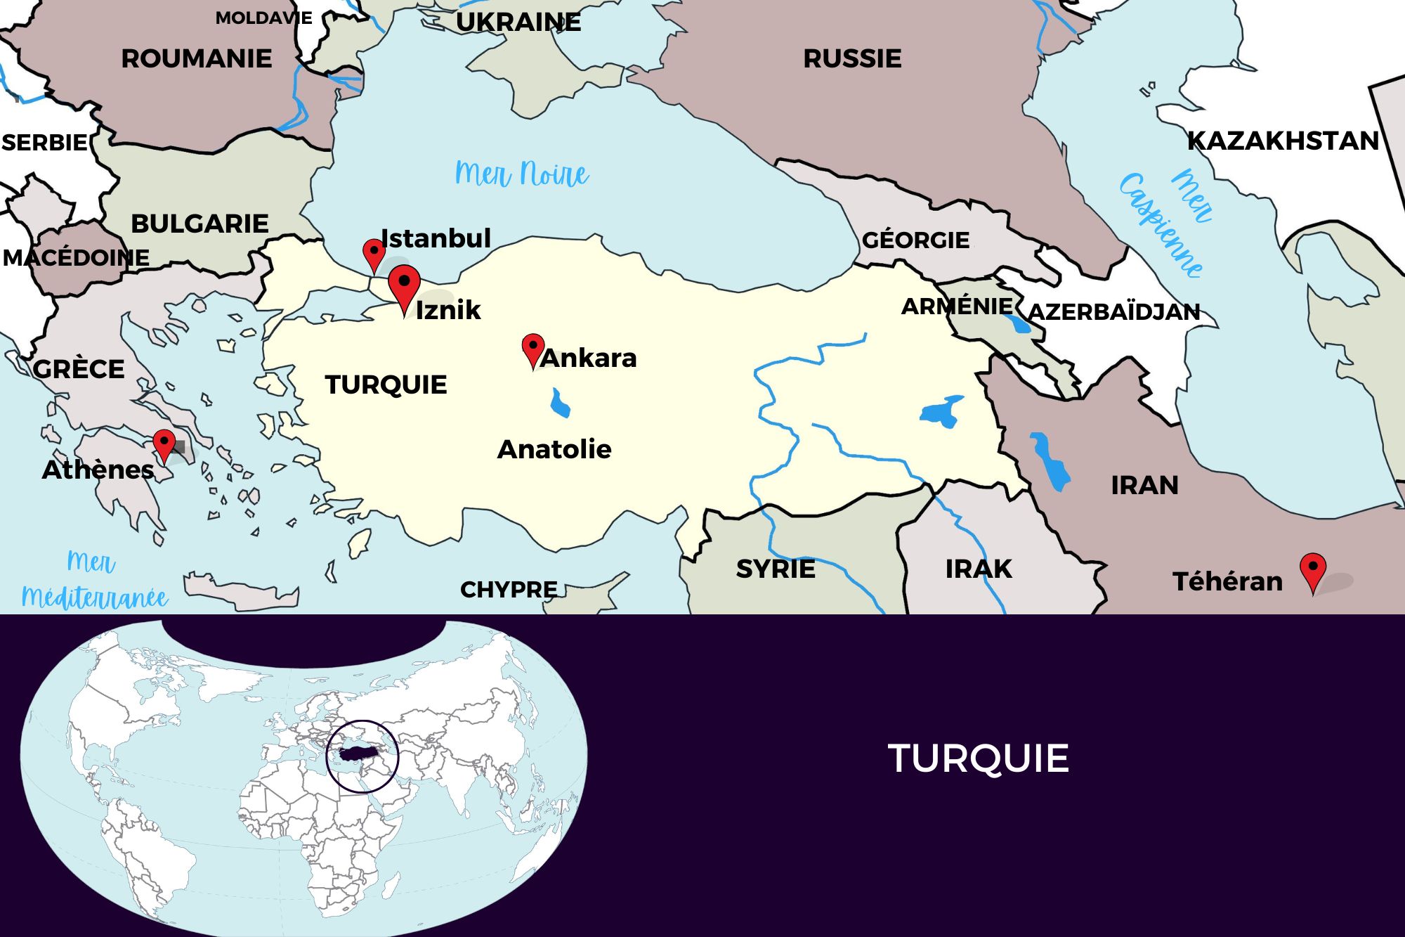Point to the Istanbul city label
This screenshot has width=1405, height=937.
[436, 239]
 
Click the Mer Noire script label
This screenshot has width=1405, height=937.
[521, 174]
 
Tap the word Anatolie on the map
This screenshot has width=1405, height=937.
[554, 449]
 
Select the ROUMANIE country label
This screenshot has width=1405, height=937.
[197, 58]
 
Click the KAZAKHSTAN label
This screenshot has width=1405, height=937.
[1283, 141]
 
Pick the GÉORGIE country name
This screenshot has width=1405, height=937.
[915, 240]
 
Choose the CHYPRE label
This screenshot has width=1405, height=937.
[509, 589]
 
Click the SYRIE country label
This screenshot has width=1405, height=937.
[776, 569]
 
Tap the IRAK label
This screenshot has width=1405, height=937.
[979, 569]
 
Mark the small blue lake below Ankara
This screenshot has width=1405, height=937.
[560, 404]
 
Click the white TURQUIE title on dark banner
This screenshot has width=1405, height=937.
[978, 758]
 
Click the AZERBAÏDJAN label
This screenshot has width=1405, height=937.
[1114, 311]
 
